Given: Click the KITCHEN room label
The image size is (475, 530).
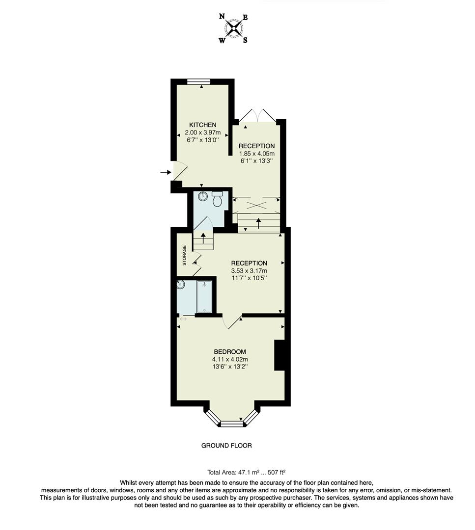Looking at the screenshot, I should [202, 125].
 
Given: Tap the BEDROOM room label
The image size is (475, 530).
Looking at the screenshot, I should [229, 352].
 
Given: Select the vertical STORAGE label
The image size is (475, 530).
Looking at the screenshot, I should [185, 255].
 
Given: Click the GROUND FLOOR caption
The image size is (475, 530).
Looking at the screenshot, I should [226, 446].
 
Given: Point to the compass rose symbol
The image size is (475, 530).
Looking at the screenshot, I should [234, 29].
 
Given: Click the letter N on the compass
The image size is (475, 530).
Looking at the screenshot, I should [222, 17].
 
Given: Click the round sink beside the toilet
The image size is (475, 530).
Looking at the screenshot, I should [203, 197].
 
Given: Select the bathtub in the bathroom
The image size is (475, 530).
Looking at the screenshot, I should [204, 296].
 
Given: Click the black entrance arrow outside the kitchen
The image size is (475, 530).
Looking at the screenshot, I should [165, 172].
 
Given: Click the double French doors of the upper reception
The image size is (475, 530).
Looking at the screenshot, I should [257, 116].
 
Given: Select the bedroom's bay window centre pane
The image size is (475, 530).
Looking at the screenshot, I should [231, 423].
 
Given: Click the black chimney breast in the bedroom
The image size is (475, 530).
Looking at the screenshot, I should [279, 355].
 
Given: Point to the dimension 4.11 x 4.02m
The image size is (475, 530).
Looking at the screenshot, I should [229, 359].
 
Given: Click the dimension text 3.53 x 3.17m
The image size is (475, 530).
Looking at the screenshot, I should [249, 270].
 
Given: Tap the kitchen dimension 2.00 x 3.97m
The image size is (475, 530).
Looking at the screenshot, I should [202, 132].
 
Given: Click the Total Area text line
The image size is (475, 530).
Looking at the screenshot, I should [246, 473].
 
